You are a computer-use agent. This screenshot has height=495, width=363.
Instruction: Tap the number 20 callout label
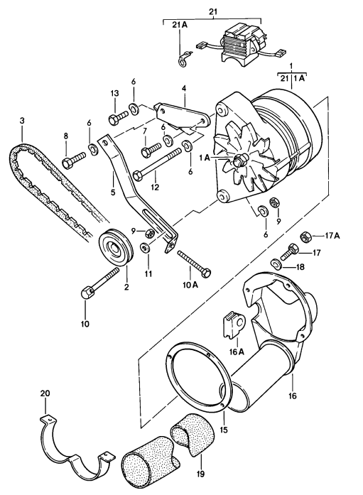45,394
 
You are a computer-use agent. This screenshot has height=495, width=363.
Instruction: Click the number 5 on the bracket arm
113,191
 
